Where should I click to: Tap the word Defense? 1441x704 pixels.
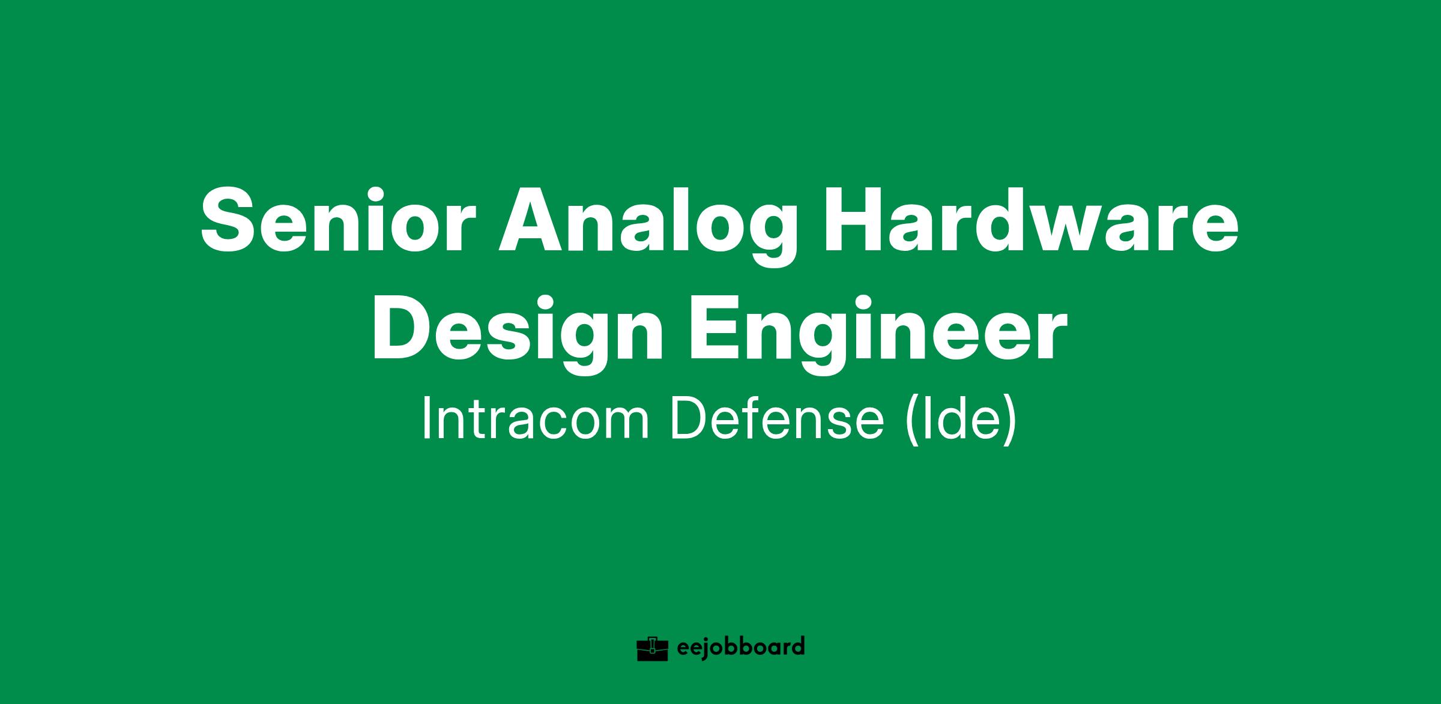(x=778, y=418)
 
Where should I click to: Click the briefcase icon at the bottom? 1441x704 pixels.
(x=653, y=648)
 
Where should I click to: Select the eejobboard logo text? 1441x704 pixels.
(x=740, y=648)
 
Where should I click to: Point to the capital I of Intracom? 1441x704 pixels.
(x=427, y=418)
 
